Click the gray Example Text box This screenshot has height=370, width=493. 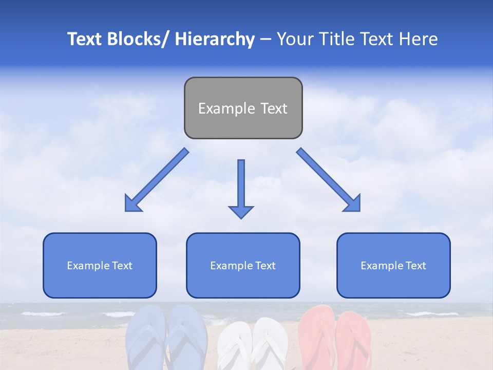point(243,108)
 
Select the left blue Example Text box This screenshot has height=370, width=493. point(100,265)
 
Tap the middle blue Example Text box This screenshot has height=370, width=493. point(243,265)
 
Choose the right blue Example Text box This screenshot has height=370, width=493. point(393,265)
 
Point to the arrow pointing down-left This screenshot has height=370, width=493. point(157,180)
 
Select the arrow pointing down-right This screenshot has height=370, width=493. point(329,180)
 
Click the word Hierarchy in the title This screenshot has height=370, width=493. point(214,39)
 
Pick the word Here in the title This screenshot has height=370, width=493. point(419,39)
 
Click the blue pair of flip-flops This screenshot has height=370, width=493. point(166,337)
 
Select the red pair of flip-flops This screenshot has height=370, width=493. point(335,337)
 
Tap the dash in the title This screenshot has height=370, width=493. point(266,39)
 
